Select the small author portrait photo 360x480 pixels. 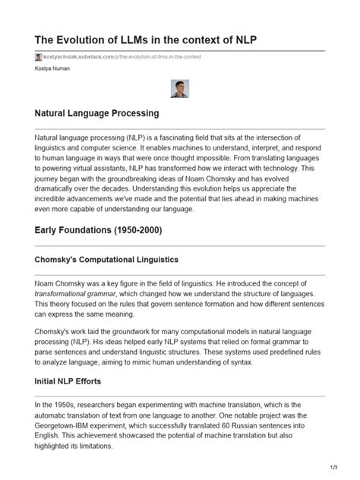tap(180, 89)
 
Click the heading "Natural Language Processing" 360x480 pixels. tap(96, 114)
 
